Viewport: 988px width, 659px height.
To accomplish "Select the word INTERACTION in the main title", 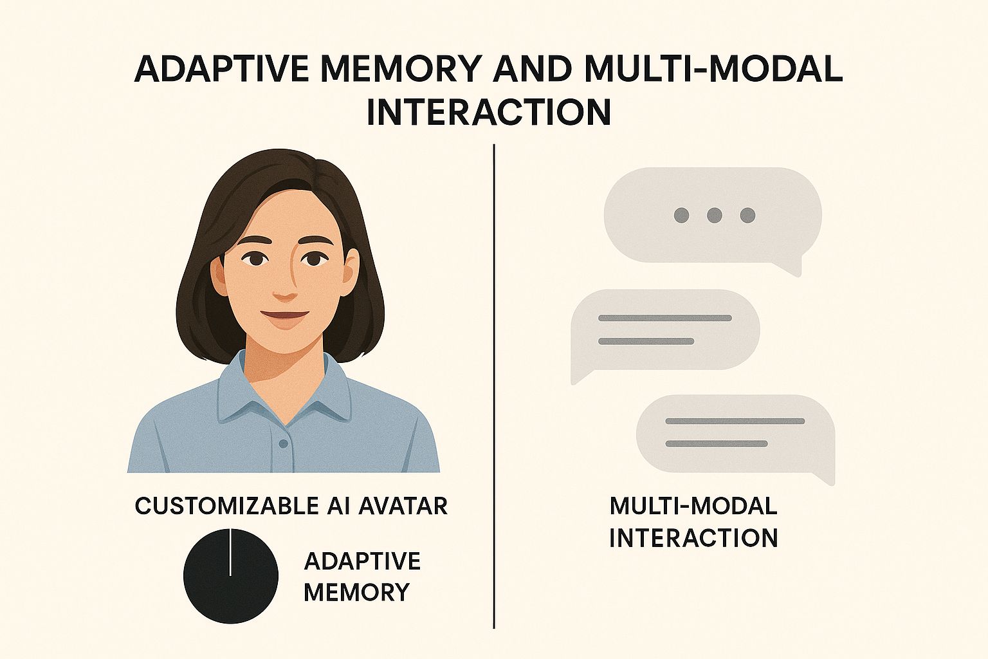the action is pos(489,112).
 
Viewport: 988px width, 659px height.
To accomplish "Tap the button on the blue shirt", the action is pos(284,443).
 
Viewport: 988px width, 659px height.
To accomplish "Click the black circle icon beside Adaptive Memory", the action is pos(231,575).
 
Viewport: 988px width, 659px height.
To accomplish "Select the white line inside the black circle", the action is pos(230,552).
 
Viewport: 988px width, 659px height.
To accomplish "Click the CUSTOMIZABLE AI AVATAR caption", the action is pos(291,506).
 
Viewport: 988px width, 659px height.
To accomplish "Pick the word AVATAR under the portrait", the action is pos(403,506).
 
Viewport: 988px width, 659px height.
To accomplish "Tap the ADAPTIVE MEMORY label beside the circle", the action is pos(362,577).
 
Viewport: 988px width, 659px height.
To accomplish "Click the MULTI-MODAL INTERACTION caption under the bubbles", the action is pos(693,522).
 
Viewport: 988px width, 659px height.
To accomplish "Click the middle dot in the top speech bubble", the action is pos(714,215).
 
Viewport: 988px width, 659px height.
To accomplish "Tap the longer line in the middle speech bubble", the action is pos(664,318).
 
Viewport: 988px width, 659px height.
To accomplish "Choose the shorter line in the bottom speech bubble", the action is pos(717,443).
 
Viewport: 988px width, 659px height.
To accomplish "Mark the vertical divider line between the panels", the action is pos(494,386).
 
